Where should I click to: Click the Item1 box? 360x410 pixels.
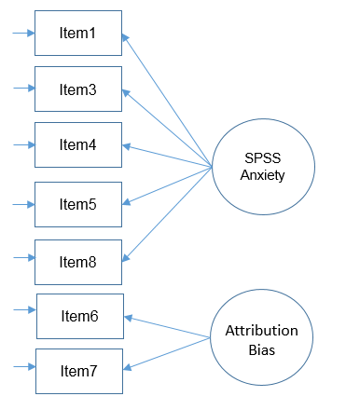(x=78, y=34)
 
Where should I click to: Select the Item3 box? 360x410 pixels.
(x=78, y=89)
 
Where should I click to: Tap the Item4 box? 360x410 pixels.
(x=78, y=145)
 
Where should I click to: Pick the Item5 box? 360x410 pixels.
(x=78, y=203)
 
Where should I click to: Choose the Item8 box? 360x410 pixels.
(x=78, y=262)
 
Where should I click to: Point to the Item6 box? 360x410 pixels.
(x=79, y=317)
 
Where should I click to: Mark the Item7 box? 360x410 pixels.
(x=79, y=371)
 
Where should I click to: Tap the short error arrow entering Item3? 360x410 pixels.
(x=23, y=89)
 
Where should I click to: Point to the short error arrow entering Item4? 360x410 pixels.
(x=23, y=145)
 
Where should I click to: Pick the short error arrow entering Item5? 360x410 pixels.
(x=23, y=203)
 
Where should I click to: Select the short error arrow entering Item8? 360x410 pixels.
(x=23, y=262)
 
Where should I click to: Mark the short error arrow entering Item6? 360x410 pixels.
(x=24, y=317)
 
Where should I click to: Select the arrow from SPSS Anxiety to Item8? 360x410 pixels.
(x=168, y=214)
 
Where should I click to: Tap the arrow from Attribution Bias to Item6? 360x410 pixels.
(x=168, y=327)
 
